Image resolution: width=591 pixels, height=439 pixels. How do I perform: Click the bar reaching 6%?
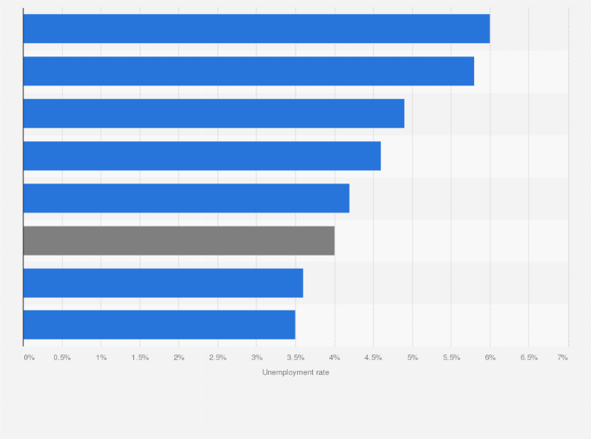coord(256,29)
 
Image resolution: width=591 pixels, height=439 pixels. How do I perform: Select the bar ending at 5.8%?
coord(248,71)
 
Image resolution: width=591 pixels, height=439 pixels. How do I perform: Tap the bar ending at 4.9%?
coord(214,114)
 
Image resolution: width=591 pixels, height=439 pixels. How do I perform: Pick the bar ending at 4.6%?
coord(202,156)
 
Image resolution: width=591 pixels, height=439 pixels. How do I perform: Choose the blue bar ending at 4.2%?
coord(187,198)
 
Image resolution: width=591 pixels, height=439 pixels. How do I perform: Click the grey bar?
coord(179,241)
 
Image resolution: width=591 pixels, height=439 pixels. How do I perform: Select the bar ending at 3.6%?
coord(163,283)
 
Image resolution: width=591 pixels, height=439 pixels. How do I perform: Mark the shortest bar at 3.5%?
coord(159,325)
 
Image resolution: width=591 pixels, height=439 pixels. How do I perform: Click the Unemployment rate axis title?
coord(295,372)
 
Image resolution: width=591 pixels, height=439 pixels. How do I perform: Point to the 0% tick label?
coord(29,357)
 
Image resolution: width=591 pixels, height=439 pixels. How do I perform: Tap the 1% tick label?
coord(101,357)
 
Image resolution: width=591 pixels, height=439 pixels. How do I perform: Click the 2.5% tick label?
coord(217,357)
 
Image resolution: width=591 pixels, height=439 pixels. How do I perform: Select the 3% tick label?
coord(256,357)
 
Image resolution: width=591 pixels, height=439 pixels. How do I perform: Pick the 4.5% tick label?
coord(373,357)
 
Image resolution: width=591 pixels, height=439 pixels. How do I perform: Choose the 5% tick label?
coord(412,357)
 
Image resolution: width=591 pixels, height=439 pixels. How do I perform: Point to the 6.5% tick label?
coord(528,357)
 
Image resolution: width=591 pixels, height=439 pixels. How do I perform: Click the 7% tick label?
coord(562,357)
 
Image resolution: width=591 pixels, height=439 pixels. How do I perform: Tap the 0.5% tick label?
coord(62,357)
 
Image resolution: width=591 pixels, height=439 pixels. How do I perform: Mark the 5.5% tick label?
coord(451,357)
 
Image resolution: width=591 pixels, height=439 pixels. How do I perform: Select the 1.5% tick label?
coord(140,357)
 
